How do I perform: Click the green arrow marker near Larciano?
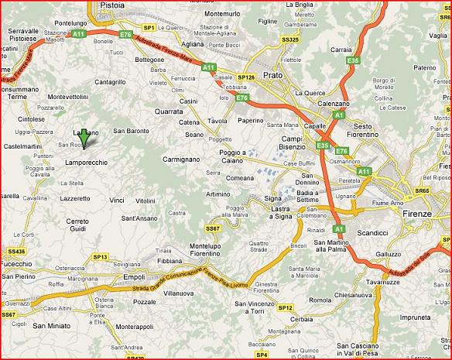84,137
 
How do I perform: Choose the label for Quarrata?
169,111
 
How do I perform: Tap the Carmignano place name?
181,159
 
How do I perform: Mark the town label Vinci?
117,200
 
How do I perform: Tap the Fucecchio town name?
16,264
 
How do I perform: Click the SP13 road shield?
101,256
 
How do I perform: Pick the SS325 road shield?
290,38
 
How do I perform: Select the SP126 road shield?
245,77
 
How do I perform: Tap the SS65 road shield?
422,190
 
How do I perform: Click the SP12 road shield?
286,307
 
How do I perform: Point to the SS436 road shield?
16,251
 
